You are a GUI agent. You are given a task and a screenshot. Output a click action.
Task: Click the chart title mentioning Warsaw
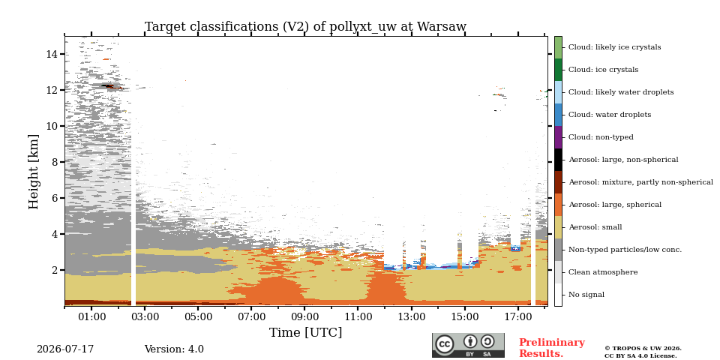[305, 27]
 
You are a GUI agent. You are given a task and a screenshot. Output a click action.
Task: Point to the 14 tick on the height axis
[52, 54]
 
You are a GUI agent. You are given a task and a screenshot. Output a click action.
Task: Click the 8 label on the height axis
[55, 162]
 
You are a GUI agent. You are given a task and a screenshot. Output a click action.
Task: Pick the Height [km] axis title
[34, 172]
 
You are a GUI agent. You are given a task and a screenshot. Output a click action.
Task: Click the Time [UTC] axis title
[305, 332]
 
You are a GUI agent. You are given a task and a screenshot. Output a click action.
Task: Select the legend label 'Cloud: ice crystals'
[603, 70]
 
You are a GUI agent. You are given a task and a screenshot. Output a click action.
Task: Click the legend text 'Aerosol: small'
[595, 227]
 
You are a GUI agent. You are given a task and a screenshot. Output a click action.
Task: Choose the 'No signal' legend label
[586, 295]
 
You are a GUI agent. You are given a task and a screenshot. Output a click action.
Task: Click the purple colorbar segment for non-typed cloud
[558, 137]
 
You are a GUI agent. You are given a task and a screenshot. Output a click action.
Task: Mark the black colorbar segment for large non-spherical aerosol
[558, 160]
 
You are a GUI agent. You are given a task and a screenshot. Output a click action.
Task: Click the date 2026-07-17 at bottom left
[65, 349]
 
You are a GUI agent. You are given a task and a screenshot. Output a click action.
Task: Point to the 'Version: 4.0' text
[174, 349]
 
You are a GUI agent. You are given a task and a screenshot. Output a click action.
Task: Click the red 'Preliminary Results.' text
[552, 348]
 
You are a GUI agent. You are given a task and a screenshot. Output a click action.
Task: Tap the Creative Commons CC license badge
[468, 345]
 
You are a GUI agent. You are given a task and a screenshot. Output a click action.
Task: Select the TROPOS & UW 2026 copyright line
[643, 349]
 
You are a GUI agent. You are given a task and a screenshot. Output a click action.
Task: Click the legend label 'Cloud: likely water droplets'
[621, 92]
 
